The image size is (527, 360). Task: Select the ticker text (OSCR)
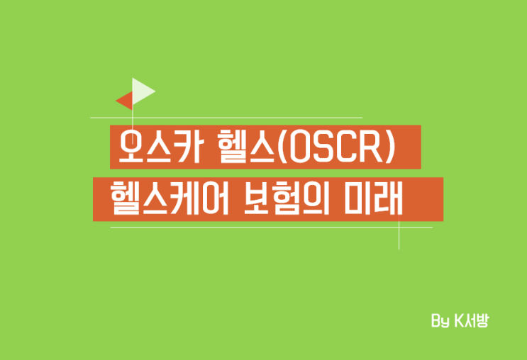(x=338, y=147)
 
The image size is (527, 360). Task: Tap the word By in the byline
(x=440, y=321)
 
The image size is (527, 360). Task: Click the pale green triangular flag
(x=142, y=90)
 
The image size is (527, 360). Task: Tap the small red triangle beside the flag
(x=126, y=101)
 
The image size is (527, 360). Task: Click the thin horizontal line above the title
(x=227, y=118)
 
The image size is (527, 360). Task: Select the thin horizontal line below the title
(x=270, y=227)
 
